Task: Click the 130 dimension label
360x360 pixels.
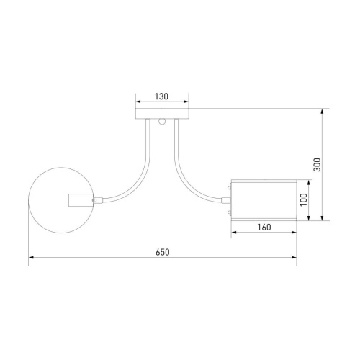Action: (x=161, y=96)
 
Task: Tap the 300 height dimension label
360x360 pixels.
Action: (x=317, y=165)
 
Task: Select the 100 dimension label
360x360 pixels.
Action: (x=304, y=199)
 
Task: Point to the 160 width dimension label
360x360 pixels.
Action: (x=264, y=227)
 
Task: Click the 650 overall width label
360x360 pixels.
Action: (x=163, y=252)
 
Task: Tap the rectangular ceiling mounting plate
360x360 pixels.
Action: (x=162, y=114)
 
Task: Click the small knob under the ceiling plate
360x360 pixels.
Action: (x=162, y=122)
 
